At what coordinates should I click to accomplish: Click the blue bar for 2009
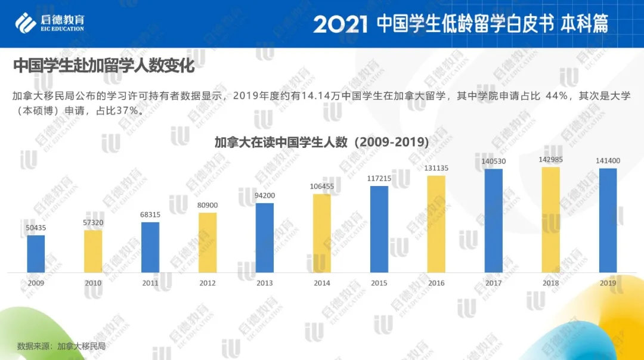pyautogui.click(x=36, y=254)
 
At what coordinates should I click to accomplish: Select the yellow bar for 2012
pyautogui.click(x=208, y=243)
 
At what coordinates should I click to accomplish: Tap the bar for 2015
pyautogui.click(x=379, y=229)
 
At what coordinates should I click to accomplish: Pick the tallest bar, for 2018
pyautogui.click(x=551, y=220)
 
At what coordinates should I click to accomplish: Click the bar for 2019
pyautogui.click(x=608, y=221)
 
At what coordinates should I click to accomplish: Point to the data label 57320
pyautogui.click(x=93, y=222)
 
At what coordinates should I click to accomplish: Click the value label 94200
pyautogui.click(x=265, y=195)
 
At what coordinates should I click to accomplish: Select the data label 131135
pyautogui.click(x=436, y=168)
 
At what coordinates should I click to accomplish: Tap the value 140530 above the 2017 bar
pyautogui.click(x=494, y=162)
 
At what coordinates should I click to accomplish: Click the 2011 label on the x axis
pyautogui.click(x=150, y=283)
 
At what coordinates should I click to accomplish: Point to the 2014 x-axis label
pyautogui.click(x=322, y=283)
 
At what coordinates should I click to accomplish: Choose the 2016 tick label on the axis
pyautogui.click(x=436, y=283)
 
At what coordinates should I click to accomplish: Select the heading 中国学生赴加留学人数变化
pyautogui.click(x=104, y=66)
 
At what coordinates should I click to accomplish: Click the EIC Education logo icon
pyautogui.click(x=26, y=24)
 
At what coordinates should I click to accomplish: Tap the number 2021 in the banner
pyautogui.click(x=340, y=24)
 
